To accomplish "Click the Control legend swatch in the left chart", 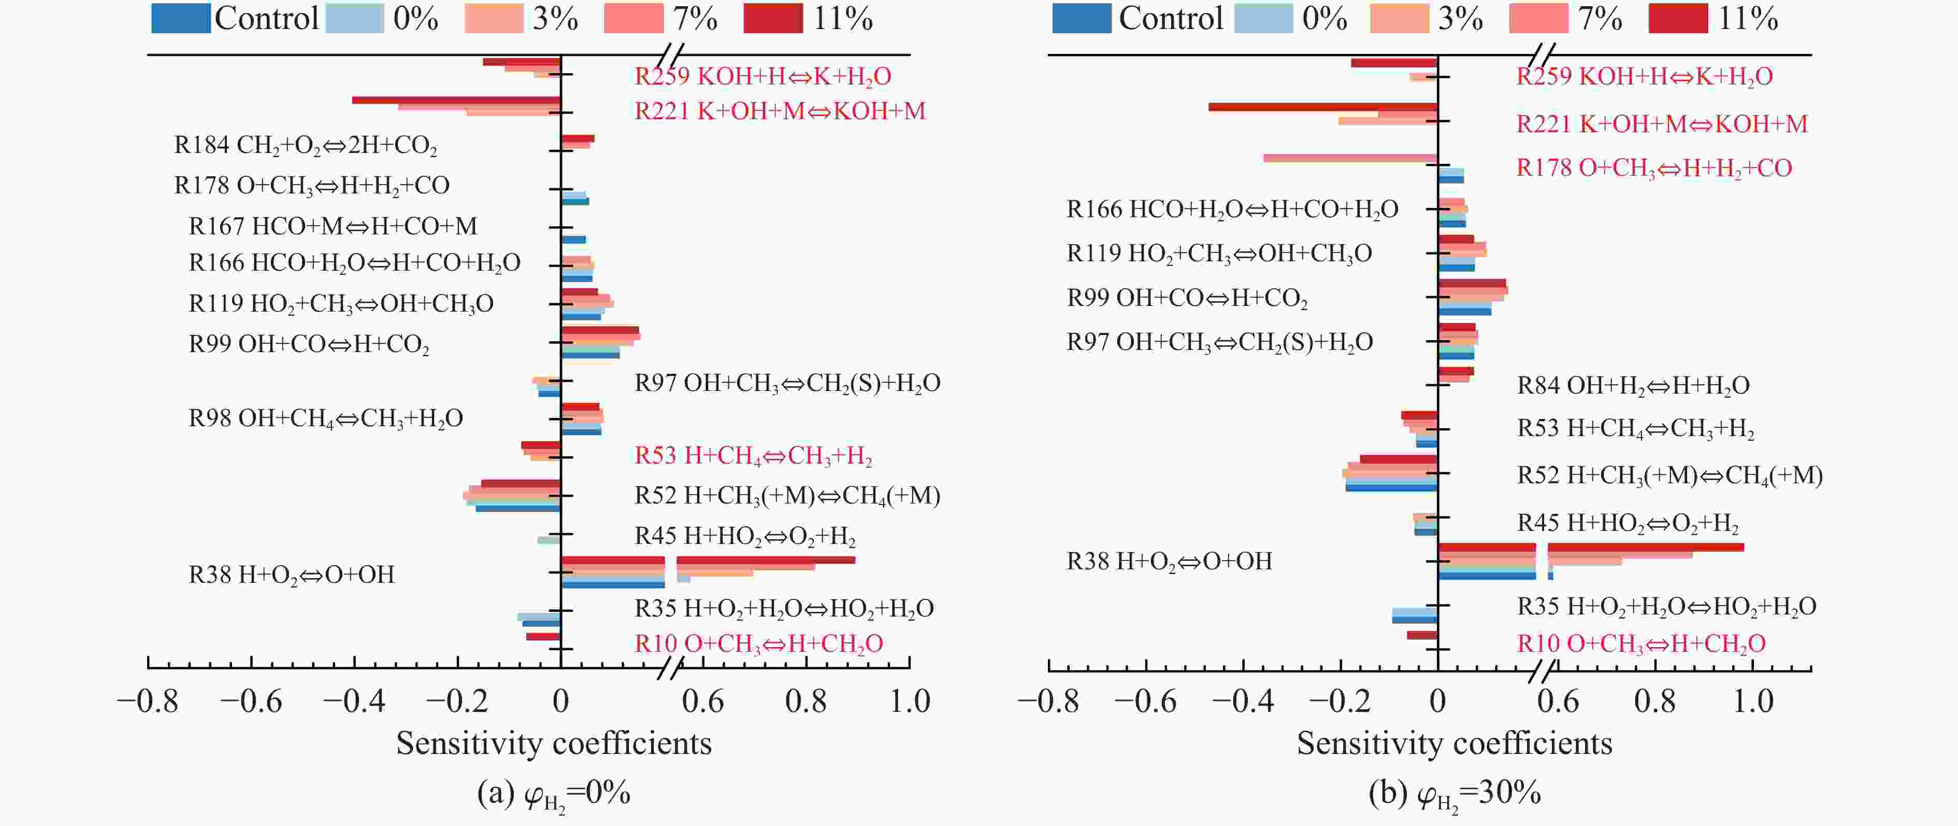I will click(181, 18).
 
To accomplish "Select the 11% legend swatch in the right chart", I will click(1678, 18).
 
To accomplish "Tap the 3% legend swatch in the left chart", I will click(494, 18).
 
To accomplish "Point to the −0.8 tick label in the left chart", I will click(148, 701).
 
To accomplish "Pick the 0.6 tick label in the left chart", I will click(702, 701).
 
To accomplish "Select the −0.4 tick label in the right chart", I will click(1243, 701).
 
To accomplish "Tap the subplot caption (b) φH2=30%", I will click(1454, 794).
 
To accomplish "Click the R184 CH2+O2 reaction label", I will click(306, 145).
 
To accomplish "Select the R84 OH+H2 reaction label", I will click(1633, 386).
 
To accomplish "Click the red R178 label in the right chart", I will click(1654, 168).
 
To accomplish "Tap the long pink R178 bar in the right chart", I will click(1350, 158).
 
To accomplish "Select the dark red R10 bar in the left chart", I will click(543, 636).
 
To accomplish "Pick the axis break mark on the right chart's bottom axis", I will click(1543, 669).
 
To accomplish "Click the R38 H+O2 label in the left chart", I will click(291, 574).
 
